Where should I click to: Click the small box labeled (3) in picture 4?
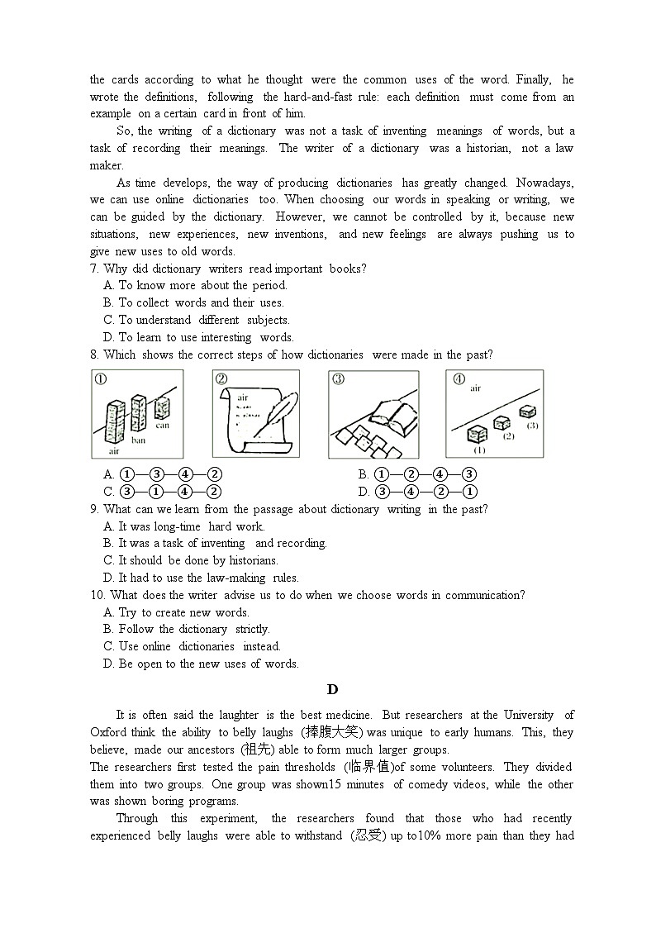pyautogui.click(x=526, y=411)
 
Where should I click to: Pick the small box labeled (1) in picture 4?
pyautogui.click(x=478, y=435)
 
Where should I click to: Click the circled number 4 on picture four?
pyautogui.click(x=459, y=379)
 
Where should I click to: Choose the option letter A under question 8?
pyautogui.click(x=108, y=474)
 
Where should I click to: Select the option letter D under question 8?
pyautogui.click(x=364, y=492)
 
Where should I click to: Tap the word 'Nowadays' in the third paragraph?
pyautogui.click(x=544, y=183)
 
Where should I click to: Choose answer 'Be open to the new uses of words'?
pyautogui.click(x=208, y=664)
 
